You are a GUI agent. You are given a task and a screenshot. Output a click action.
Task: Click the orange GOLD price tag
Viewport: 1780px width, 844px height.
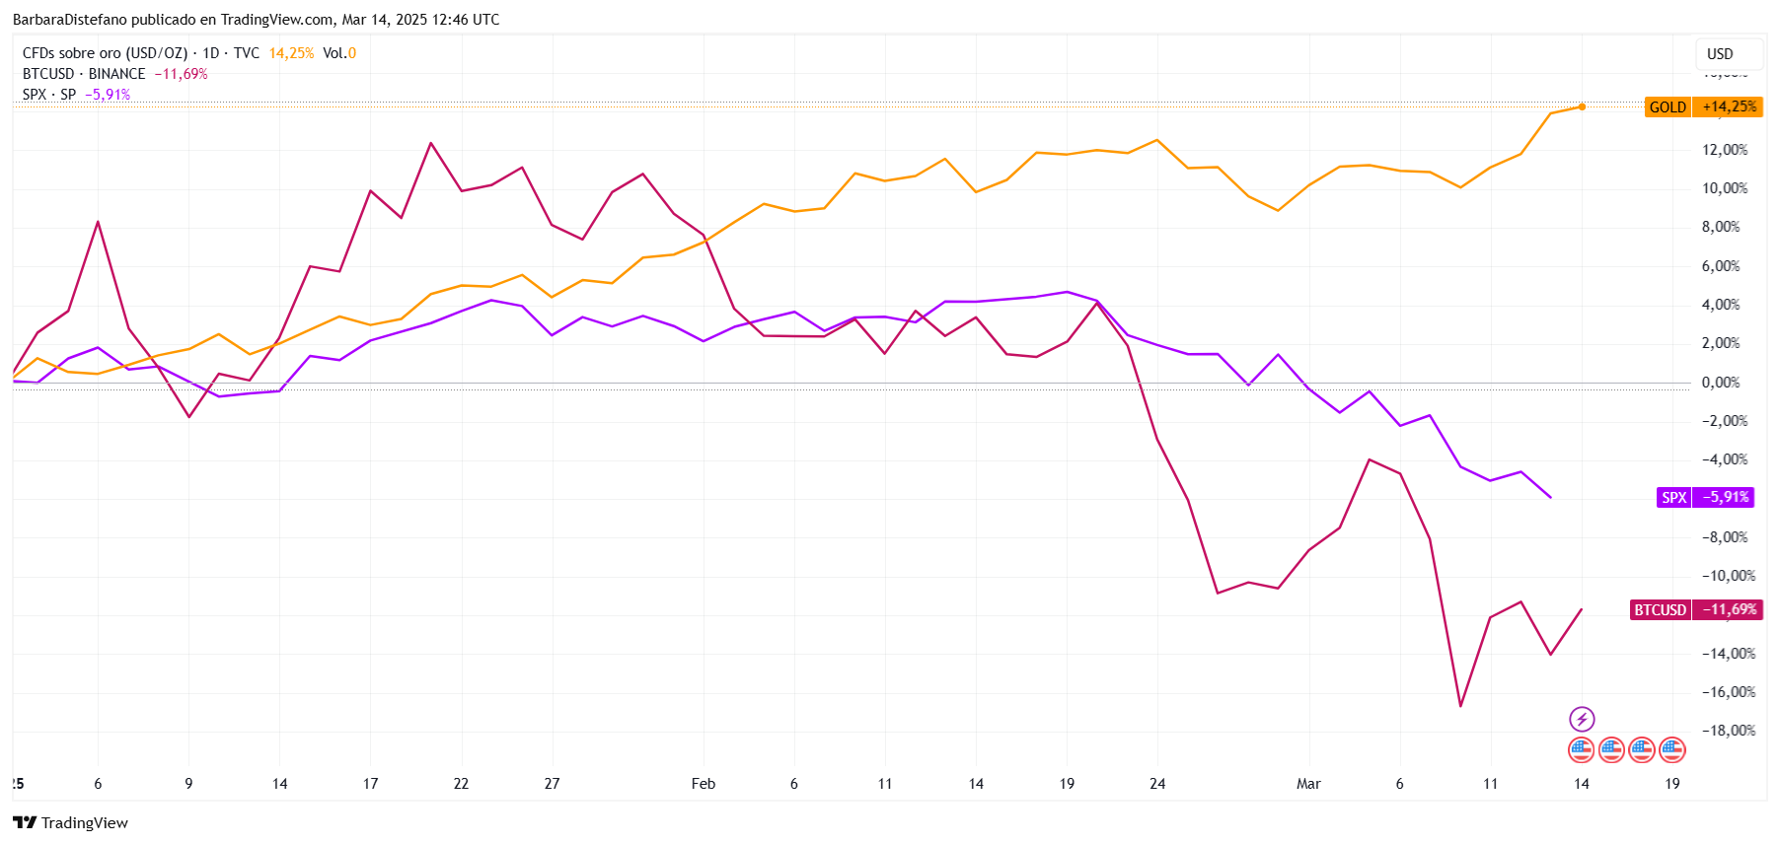(x=1668, y=107)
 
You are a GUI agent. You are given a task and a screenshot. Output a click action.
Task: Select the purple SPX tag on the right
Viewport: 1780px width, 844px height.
(x=1673, y=497)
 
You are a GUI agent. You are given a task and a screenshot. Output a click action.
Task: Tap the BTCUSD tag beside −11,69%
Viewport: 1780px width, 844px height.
(x=1660, y=609)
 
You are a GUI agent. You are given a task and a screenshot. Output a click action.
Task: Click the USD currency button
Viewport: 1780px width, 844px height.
(x=1720, y=54)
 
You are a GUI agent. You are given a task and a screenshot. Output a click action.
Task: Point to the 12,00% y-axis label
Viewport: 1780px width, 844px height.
(x=1724, y=150)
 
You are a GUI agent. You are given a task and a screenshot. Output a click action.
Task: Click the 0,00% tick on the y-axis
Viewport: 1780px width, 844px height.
(x=1721, y=383)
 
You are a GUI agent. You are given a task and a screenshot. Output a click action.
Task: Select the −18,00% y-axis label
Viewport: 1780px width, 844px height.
(x=1729, y=731)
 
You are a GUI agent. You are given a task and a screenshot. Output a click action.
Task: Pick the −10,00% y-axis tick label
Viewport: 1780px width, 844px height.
(x=1729, y=576)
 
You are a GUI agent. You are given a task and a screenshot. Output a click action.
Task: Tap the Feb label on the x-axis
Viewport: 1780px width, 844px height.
(x=703, y=784)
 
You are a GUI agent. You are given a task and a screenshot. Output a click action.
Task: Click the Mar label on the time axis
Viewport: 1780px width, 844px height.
(x=1308, y=784)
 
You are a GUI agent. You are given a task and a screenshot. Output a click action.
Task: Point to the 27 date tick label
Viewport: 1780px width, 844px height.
(x=552, y=784)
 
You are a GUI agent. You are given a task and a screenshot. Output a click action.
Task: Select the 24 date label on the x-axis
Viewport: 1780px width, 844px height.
(x=1157, y=784)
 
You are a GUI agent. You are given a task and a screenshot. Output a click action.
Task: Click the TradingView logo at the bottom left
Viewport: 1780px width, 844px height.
(x=70, y=822)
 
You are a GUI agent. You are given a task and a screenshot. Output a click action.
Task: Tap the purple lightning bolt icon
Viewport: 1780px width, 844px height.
(x=1582, y=719)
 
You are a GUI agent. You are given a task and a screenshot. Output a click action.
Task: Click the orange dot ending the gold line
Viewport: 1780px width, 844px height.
(x=1582, y=106)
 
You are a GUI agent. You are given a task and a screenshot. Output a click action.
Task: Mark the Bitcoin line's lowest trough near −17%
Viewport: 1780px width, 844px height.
(x=1460, y=706)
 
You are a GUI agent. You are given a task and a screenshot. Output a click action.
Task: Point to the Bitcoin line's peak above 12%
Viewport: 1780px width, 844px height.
(x=431, y=144)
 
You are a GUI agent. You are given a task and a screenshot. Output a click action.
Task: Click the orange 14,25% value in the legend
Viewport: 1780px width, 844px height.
(x=291, y=53)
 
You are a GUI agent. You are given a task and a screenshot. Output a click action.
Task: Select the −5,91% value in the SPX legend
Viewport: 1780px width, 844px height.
(x=108, y=95)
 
